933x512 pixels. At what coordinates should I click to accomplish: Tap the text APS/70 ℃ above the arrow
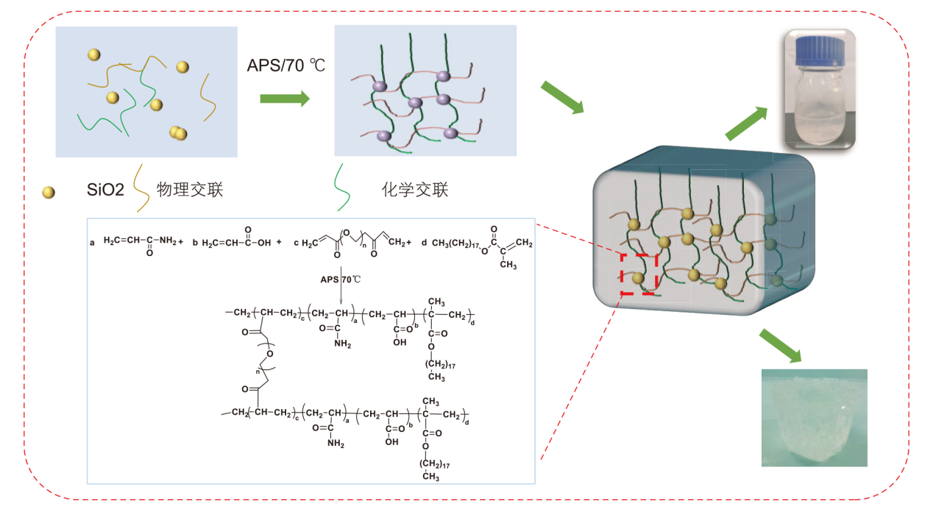click(x=286, y=65)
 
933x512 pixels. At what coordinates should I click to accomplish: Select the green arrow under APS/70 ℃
click(x=285, y=99)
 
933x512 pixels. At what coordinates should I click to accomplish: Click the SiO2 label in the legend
click(x=105, y=192)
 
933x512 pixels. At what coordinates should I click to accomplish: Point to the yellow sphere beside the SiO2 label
click(x=49, y=193)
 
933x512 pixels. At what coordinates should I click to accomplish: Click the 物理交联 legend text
click(x=190, y=191)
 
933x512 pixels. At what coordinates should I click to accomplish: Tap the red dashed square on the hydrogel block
click(x=638, y=274)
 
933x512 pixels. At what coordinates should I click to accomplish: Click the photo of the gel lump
click(x=814, y=417)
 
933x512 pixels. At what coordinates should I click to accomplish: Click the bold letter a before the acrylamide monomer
click(x=92, y=242)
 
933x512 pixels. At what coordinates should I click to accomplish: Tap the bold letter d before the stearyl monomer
click(x=424, y=242)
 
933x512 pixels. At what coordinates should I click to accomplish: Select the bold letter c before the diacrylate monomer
click(x=296, y=242)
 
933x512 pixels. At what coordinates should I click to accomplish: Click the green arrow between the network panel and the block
click(x=562, y=98)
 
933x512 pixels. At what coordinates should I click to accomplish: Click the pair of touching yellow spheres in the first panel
click(x=178, y=133)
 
